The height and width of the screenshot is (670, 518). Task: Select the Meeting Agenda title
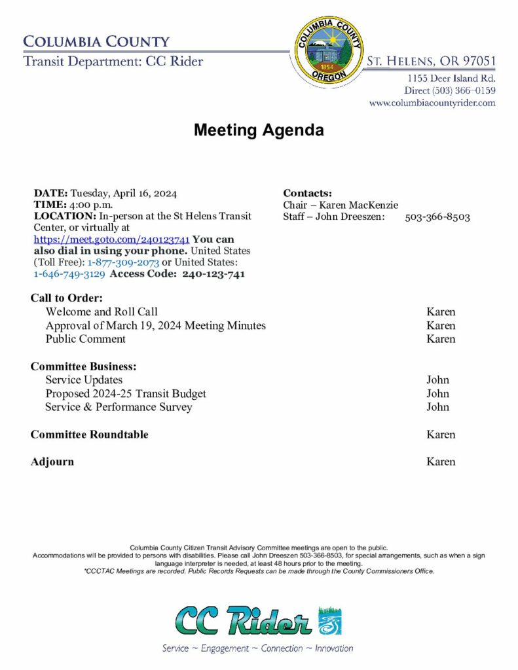[258, 130]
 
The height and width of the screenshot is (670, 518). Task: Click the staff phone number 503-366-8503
[437, 217]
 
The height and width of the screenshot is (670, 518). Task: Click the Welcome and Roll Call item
[102, 311]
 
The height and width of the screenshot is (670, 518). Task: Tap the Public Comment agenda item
[85, 339]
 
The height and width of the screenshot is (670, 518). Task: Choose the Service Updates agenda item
[84, 379]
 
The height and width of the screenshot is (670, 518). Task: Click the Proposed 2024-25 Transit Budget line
[126, 393]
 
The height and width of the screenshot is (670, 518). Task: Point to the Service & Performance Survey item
[119, 407]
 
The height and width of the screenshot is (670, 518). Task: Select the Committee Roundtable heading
[89, 434]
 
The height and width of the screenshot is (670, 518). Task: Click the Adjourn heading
[52, 462]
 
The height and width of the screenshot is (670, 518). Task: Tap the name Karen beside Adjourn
[441, 462]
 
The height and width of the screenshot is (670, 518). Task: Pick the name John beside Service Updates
[437, 379]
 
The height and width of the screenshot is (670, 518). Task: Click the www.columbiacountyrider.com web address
[432, 103]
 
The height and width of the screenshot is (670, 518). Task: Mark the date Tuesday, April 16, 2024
[123, 193]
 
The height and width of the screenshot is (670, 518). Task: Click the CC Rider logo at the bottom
[258, 621]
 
